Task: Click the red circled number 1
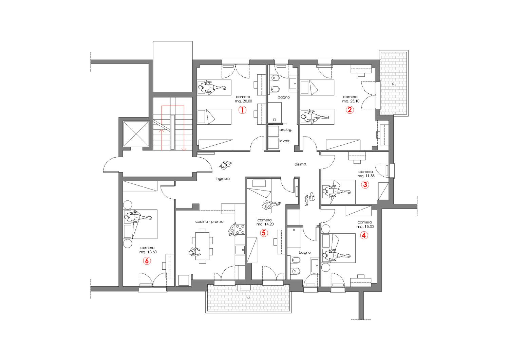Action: [242, 110]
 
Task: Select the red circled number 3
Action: [365, 185]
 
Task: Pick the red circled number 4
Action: [364, 235]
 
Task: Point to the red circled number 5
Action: [264, 233]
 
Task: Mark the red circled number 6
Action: [147, 261]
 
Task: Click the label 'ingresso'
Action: [223, 178]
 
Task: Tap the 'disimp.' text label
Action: [301, 164]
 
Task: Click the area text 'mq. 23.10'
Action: [351, 101]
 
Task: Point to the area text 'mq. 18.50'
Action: [147, 252]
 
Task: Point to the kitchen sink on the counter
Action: [240, 250]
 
